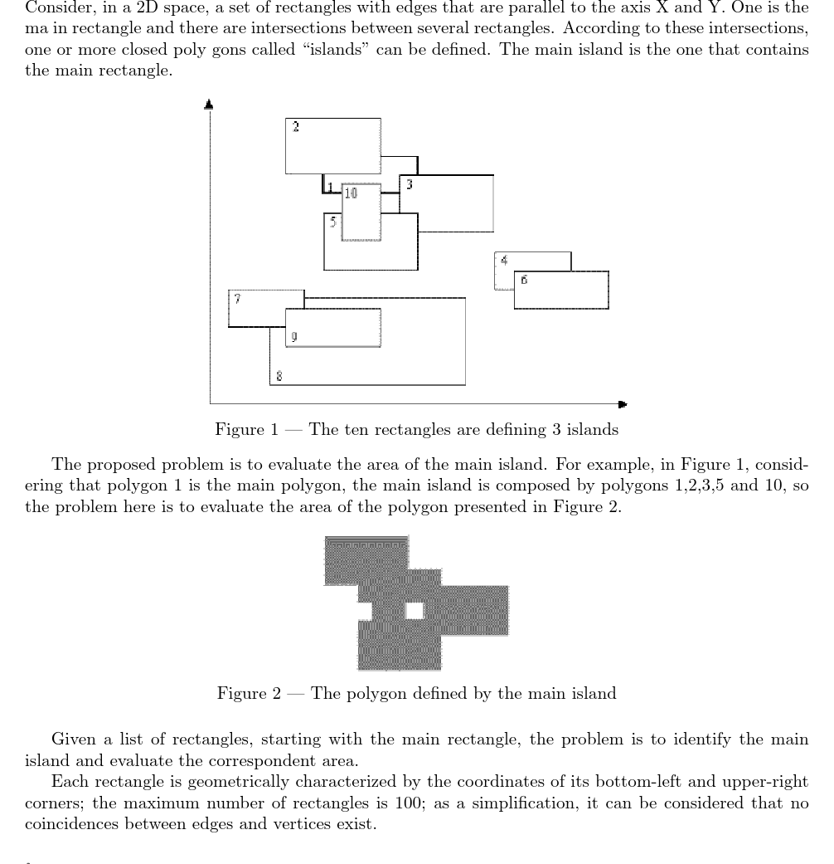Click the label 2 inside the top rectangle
coord(296,127)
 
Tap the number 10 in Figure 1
coord(351,193)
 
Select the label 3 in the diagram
coord(410,184)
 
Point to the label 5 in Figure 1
coord(332,222)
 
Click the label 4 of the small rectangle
coord(504,260)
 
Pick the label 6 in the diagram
coord(524,280)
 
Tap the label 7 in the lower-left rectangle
coord(237,298)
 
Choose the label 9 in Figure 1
coord(294,336)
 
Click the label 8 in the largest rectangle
coord(279,376)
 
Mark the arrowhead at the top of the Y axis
coord(210,105)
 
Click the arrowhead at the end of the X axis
coord(622,404)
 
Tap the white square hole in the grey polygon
coord(415,611)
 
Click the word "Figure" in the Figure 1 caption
coord(239,430)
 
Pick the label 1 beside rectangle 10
coord(330,188)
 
